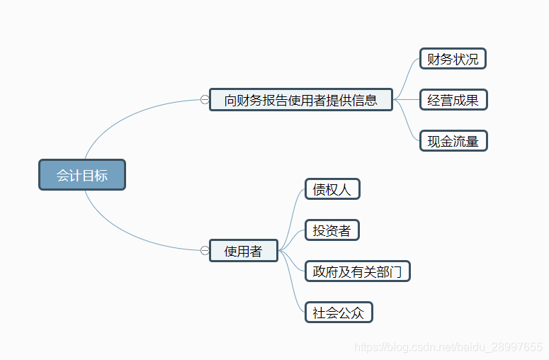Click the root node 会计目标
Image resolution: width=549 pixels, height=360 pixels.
tap(82, 175)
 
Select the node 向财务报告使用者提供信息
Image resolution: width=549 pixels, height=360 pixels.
tap(301, 100)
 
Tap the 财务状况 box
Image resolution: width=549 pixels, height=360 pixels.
tap(453, 59)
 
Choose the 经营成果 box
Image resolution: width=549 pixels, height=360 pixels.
tap(453, 100)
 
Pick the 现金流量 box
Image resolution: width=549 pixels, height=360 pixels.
tap(453, 141)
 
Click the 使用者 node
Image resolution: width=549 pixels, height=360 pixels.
tap(243, 251)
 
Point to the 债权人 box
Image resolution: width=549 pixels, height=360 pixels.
tap(332, 189)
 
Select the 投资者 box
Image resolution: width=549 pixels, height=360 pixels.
tap(332, 230)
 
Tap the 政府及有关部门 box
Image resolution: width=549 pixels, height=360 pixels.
tap(357, 271)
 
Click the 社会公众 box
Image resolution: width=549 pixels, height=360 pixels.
tap(339, 313)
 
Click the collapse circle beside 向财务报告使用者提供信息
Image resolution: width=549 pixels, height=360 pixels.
tap(205, 100)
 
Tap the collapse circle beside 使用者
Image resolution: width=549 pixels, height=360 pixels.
tap(205, 250)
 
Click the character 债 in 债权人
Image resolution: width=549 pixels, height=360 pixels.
tap(319, 189)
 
